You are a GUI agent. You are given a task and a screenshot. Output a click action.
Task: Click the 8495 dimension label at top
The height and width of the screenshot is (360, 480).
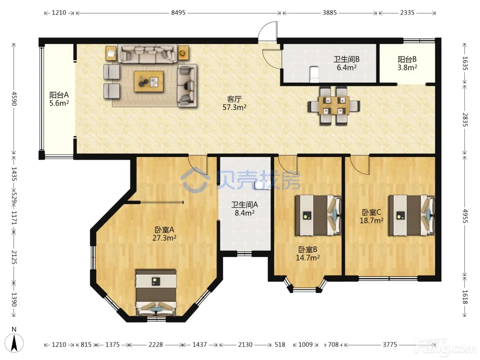click(x=178, y=13)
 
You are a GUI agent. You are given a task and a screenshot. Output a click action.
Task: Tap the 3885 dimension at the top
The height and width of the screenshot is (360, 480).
click(x=329, y=13)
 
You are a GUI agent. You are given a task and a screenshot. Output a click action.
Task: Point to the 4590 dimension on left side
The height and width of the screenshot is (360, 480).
click(x=14, y=99)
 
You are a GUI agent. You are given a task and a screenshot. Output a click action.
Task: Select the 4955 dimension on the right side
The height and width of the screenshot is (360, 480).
click(x=465, y=216)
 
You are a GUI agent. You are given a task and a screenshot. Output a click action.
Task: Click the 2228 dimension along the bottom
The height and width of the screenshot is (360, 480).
click(x=156, y=345)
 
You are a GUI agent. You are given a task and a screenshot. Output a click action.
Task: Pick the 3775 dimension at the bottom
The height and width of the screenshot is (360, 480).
click(x=390, y=345)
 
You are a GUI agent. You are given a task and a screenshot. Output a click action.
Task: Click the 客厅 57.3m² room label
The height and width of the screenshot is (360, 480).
click(x=234, y=103)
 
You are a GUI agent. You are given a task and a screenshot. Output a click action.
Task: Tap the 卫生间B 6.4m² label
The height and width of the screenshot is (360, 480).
click(x=346, y=63)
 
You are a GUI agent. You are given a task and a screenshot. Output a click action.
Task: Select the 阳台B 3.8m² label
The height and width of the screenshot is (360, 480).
click(x=407, y=63)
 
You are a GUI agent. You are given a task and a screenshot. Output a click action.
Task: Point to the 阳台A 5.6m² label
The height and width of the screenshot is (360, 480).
click(x=59, y=99)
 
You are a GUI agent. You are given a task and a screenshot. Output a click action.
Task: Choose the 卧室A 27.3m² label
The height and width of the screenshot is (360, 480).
click(x=164, y=234)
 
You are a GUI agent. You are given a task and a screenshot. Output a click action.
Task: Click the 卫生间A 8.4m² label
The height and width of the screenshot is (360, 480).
click(x=244, y=208)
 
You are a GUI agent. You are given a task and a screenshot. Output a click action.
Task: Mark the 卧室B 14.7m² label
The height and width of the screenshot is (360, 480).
click(x=308, y=254)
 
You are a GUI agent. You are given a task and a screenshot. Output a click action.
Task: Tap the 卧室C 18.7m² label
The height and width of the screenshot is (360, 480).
click(x=371, y=216)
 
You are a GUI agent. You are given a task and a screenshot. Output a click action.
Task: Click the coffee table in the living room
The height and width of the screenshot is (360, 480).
click(x=149, y=81)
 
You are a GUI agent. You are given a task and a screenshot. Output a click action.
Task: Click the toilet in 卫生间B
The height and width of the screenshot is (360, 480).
click(x=314, y=74)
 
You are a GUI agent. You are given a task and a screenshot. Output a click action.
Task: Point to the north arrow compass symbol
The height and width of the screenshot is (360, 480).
click(x=14, y=343)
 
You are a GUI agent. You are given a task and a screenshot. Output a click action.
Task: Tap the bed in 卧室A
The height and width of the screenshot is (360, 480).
click(x=156, y=292)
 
